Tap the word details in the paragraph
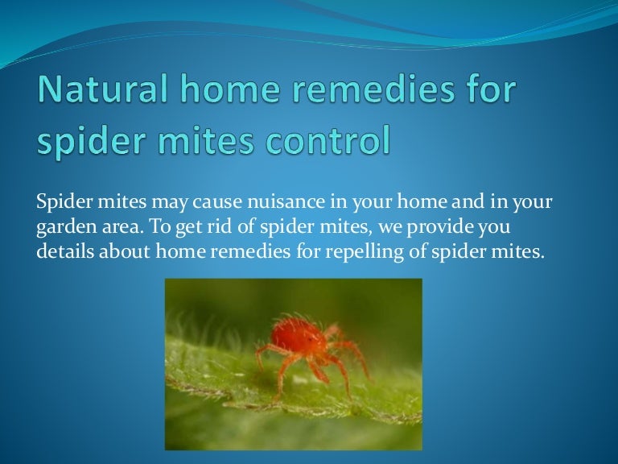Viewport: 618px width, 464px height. pyautogui.click(x=65, y=251)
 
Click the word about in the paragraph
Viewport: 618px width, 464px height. pyautogui.click(x=124, y=251)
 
